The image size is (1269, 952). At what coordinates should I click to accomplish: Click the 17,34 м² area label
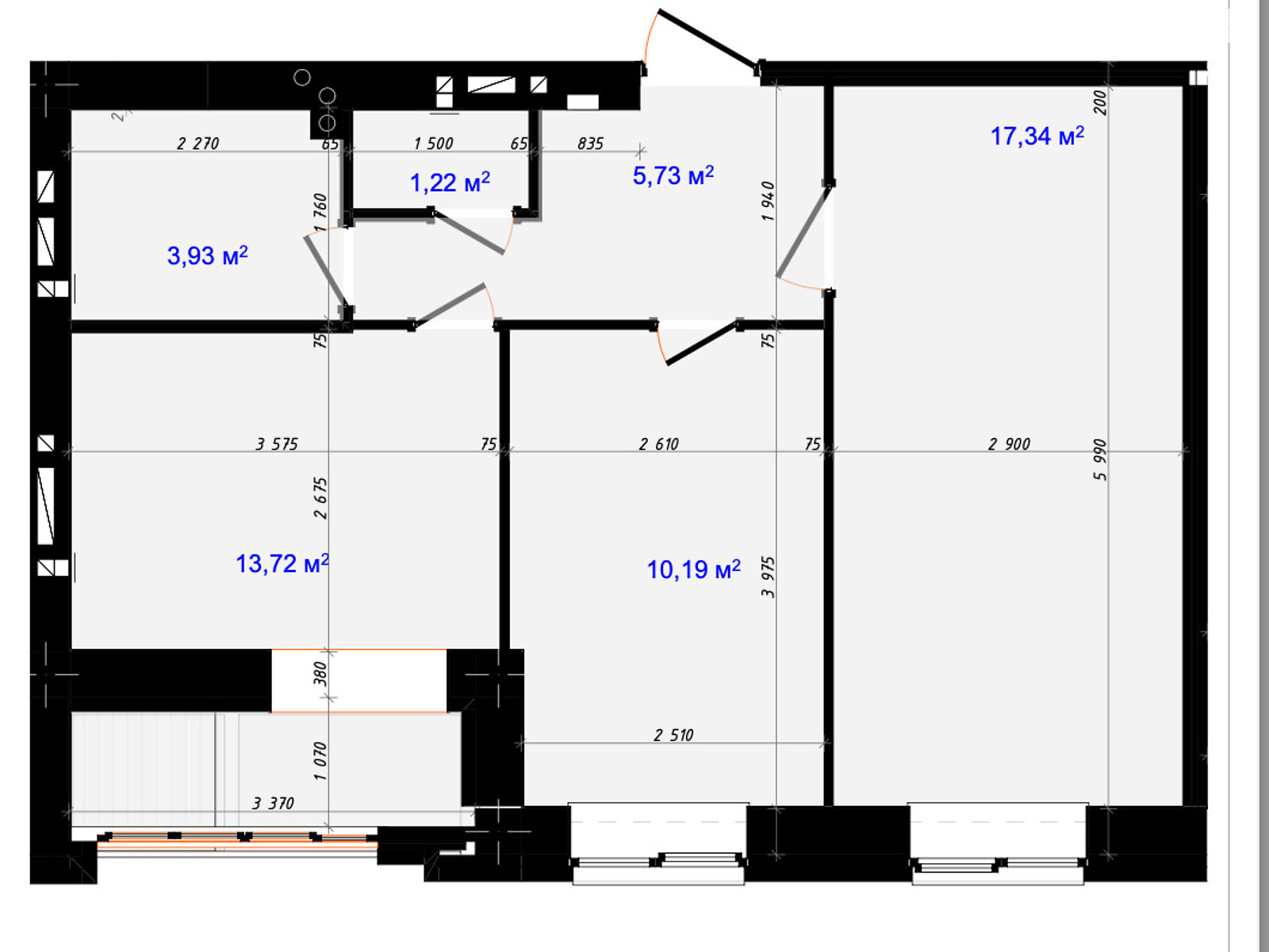pos(1037,136)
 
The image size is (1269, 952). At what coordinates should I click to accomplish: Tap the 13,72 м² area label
pos(282,563)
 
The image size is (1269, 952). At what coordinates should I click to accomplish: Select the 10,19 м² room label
pos(693,570)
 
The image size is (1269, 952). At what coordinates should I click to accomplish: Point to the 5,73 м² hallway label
pos(673,175)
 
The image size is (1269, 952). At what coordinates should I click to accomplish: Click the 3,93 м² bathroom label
pos(207,255)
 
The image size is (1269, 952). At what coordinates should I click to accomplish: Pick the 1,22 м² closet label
pos(450,182)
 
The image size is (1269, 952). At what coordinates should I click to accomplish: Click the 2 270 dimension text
pos(197,144)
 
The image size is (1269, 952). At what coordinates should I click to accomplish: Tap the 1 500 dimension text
pos(433,144)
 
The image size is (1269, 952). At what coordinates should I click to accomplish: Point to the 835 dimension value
pos(590,144)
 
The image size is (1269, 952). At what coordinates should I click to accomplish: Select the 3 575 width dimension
pos(277,444)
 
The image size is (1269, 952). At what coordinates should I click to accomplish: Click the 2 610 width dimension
pos(658,444)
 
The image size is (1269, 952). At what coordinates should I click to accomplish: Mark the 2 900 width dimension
pos(1009,444)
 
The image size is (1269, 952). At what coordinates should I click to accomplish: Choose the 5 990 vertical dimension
pos(1100,459)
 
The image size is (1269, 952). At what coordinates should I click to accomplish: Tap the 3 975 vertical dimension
pos(768,577)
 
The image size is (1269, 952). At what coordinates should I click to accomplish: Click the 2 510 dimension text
pos(673,735)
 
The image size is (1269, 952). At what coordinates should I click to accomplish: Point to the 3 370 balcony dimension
pos(273,803)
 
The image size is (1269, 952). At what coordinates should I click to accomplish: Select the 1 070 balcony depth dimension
pos(320,762)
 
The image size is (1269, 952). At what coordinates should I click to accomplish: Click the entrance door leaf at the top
pos(707,39)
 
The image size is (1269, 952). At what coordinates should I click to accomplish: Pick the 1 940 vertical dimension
pos(768,202)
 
